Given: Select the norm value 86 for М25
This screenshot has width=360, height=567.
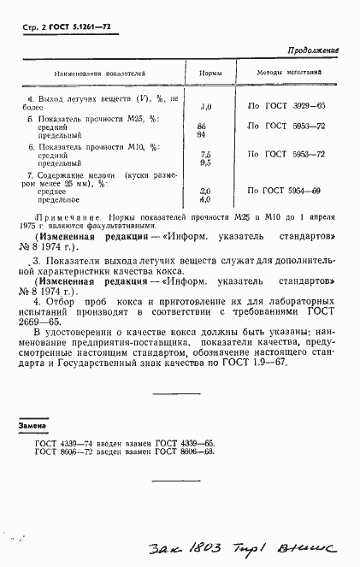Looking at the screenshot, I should pyautogui.click(x=202, y=126).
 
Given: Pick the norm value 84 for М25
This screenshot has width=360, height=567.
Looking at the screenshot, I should pyautogui.click(x=202, y=134).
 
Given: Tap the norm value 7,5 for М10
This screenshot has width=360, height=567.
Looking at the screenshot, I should pyautogui.click(x=204, y=153).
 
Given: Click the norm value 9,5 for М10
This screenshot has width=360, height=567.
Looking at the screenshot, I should pyautogui.click(x=204, y=162).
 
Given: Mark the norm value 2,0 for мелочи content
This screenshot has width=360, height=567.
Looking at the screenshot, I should pyautogui.click(x=204, y=191).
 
